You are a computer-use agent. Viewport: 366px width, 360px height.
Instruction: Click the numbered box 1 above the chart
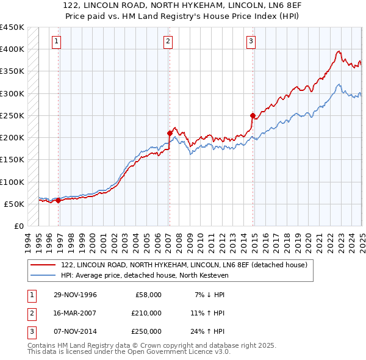56,41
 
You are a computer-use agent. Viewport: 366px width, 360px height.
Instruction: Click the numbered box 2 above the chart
168,41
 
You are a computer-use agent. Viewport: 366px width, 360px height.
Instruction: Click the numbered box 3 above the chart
251,41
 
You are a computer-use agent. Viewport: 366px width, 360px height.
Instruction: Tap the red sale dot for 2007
170,132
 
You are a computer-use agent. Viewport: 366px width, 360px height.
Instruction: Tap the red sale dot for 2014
253,115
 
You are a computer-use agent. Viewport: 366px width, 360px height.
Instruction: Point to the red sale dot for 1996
58,200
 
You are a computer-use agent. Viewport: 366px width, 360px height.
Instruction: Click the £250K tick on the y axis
12,115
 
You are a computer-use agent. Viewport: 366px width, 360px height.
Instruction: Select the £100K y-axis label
12,182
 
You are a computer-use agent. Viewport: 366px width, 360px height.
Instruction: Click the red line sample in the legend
44,265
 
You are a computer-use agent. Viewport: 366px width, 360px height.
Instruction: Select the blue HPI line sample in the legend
44,275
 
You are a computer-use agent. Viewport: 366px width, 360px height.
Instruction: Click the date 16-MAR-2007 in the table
74,313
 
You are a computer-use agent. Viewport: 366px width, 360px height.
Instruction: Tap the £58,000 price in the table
148,295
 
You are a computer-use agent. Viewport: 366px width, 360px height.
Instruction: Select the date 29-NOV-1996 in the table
74,295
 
